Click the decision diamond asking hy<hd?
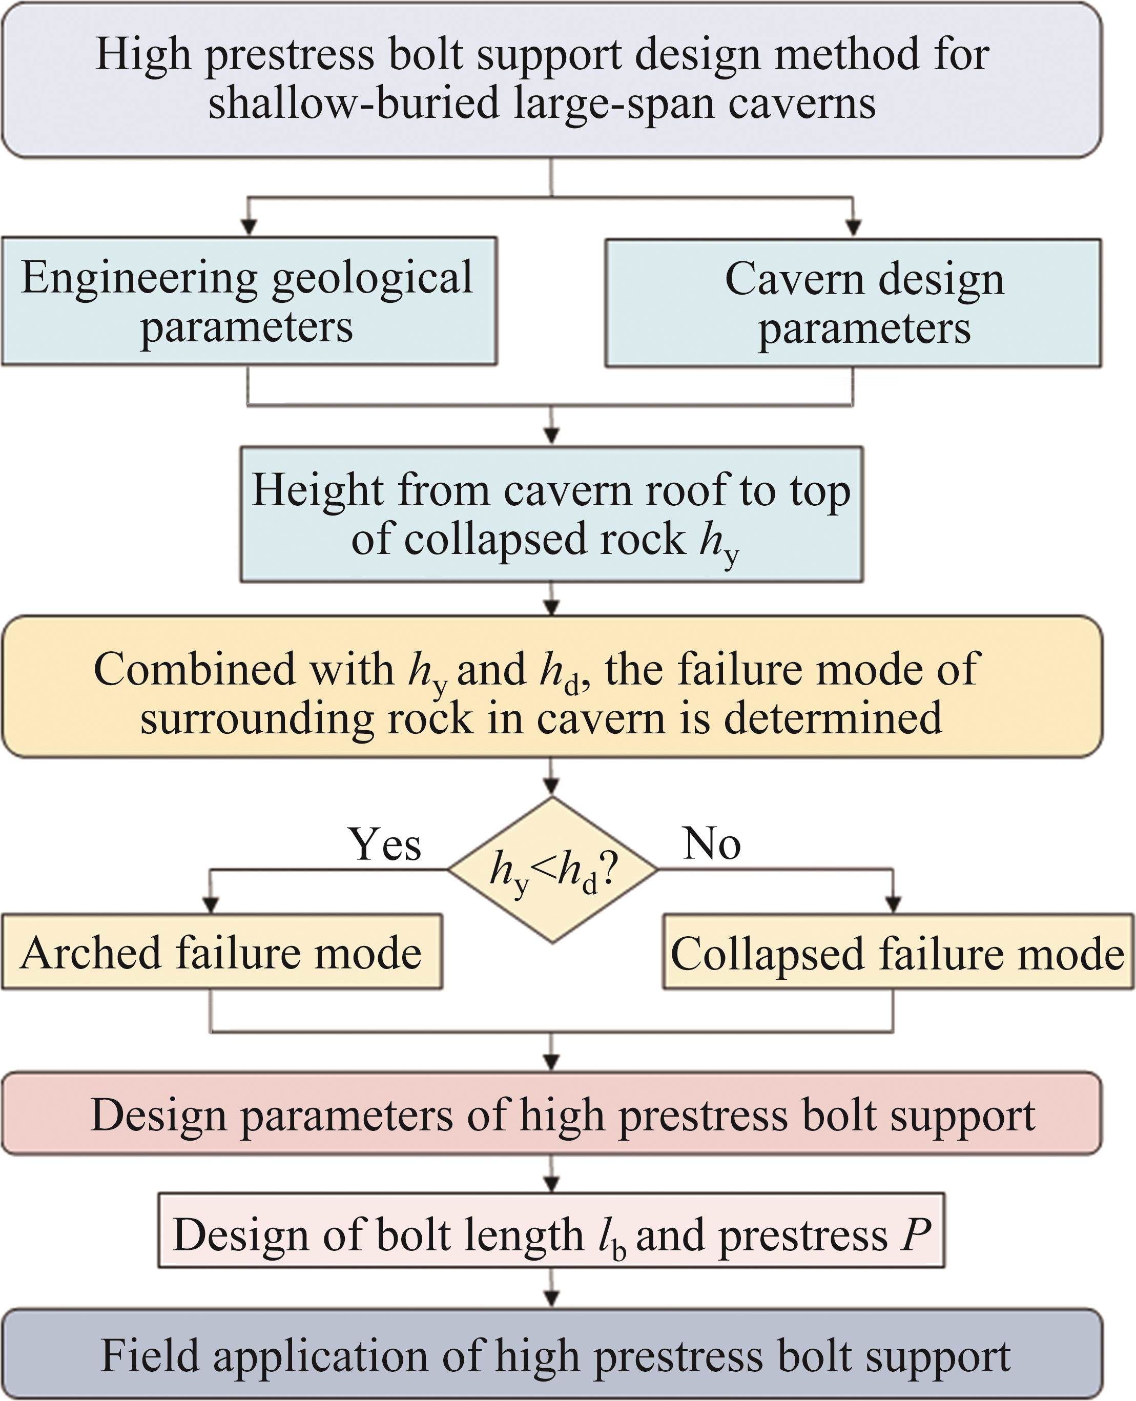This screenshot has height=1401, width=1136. click(552, 870)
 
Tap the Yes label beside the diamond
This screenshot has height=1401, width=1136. click(385, 843)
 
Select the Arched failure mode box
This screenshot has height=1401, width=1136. click(222, 952)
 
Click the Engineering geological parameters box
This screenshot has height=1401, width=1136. click(249, 301)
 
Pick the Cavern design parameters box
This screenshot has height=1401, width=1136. click(853, 302)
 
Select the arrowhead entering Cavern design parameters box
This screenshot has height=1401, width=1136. click(853, 229)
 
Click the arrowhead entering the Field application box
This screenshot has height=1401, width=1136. click(552, 1299)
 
